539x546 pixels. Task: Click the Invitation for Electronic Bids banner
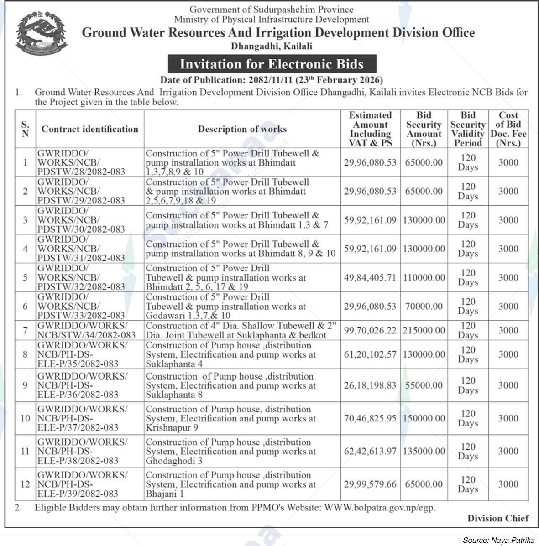(272, 64)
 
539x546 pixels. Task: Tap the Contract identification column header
(90, 129)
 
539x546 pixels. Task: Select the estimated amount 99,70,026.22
(370, 330)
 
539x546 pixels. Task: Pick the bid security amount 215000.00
(424, 330)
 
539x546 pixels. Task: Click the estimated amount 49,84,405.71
(370, 277)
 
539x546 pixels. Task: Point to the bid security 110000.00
(424, 277)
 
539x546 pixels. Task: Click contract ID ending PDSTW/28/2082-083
(81, 162)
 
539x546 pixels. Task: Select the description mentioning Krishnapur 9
(230, 418)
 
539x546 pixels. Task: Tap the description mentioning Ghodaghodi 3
(230, 451)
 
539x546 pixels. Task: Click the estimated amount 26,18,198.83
(370, 385)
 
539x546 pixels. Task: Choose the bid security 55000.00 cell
(424, 385)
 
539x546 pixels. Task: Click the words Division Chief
(498, 518)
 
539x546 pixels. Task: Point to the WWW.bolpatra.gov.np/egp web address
(380, 507)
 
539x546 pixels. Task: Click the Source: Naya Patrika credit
(498, 540)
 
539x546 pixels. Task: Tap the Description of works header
(242, 129)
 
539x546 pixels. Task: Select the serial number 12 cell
(25, 484)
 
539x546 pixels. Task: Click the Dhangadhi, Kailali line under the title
(272, 46)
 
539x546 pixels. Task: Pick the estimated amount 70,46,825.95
(370, 418)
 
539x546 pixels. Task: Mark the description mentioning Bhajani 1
(230, 484)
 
